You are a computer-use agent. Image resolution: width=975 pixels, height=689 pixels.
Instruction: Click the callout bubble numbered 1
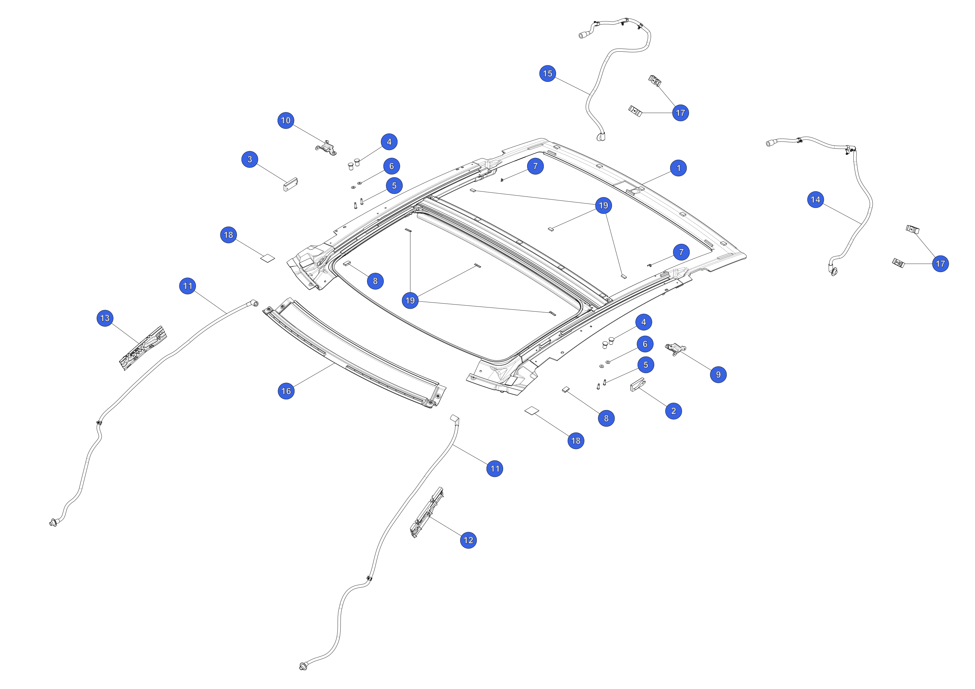point(678,168)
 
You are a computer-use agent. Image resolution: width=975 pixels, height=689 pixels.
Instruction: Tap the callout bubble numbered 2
point(673,411)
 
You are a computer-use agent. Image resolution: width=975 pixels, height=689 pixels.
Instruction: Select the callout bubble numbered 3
point(250,159)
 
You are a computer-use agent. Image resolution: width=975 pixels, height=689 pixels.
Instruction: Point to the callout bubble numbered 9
point(718,374)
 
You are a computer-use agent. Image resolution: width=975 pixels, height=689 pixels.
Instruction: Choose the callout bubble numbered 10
point(286,120)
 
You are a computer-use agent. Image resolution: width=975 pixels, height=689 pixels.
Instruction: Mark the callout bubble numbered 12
point(468,540)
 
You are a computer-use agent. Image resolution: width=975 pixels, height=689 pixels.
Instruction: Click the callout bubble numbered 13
point(105,318)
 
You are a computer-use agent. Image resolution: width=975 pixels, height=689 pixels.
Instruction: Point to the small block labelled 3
point(291,184)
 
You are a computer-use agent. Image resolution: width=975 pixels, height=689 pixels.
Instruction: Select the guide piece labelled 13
point(143,348)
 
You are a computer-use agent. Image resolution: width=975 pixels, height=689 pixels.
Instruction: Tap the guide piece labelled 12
point(427,512)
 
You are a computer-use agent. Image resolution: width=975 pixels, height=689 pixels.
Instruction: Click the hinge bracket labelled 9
point(675,349)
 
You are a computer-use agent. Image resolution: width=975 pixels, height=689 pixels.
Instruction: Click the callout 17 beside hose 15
point(680,113)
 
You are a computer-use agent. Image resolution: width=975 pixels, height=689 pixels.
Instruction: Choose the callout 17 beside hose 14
point(940,263)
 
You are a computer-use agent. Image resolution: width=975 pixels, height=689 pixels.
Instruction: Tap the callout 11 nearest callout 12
point(495,469)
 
